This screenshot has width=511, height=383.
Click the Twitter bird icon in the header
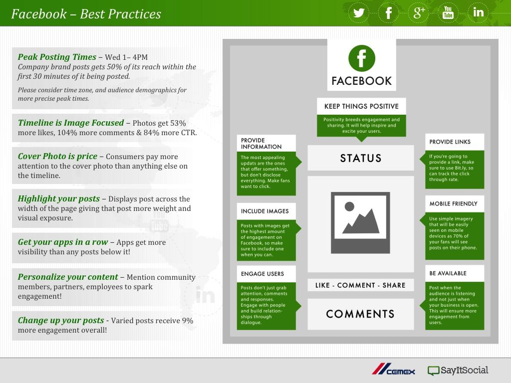click(x=358, y=12)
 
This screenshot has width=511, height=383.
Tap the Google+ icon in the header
click(x=419, y=12)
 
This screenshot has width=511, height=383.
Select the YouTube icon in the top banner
click(x=448, y=12)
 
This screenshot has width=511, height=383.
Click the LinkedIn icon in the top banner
click(x=478, y=12)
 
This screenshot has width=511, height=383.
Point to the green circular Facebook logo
click(x=361, y=58)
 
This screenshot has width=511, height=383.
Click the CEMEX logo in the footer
click(x=393, y=370)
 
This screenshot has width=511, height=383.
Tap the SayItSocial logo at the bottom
click(x=458, y=371)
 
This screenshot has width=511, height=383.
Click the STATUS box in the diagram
click(x=361, y=158)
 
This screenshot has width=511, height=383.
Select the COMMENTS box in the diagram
click(x=361, y=314)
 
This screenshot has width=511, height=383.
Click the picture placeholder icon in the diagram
click(x=360, y=223)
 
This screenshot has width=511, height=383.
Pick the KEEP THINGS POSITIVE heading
click(x=361, y=106)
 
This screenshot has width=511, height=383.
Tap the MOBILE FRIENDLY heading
click(x=453, y=203)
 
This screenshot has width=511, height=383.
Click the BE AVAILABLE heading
click(x=448, y=273)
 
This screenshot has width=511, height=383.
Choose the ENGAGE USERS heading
click(x=262, y=274)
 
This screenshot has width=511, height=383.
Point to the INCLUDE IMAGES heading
click(x=264, y=211)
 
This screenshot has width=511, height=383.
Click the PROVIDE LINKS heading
click(x=450, y=142)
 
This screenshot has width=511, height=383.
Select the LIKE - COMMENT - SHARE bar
click(x=360, y=285)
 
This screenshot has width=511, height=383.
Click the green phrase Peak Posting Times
click(x=57, y=57)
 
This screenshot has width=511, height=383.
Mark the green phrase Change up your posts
click(x=61, y=321)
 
